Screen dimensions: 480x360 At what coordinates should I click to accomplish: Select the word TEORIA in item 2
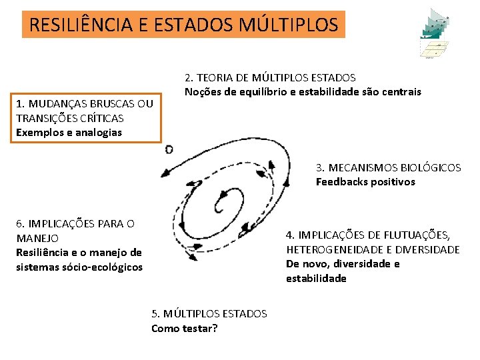pyautogui.click(x=213, y=77)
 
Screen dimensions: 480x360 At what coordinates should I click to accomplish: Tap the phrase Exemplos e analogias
pyautogui.click(x=69, y=132)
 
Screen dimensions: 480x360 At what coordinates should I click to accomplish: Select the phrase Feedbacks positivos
pyautogui.click(x=365, y=181)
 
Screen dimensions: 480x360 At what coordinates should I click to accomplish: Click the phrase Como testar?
pyautogui.click(x=185, y=327)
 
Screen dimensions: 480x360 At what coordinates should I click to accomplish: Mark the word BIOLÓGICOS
pyautogui.click(x=433, y=167)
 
